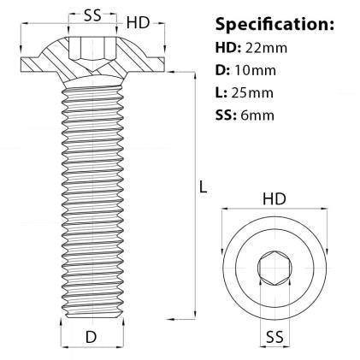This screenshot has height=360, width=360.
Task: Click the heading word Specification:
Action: click(274, 23)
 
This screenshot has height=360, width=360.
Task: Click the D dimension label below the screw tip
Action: click(91, 337)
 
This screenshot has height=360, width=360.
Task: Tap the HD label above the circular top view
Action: click(274, 198)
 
